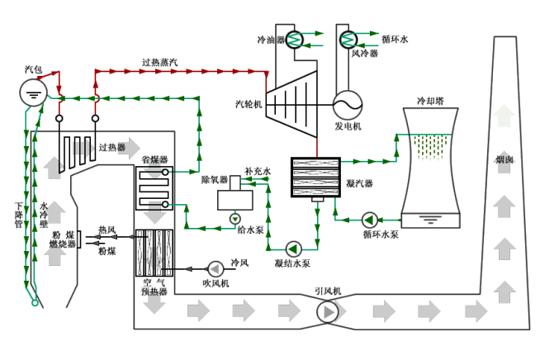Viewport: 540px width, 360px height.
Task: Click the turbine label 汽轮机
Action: (x=248, y=105)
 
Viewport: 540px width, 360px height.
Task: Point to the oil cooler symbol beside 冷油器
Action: (x=296, y=39)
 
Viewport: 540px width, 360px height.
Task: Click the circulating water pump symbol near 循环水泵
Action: (x=369, y=219)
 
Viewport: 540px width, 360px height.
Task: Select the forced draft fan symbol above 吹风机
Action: (x=216, y=268)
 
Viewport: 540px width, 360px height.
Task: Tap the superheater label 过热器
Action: (x=111, y=148)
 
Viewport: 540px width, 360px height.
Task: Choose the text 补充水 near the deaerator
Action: (x=258, y=171)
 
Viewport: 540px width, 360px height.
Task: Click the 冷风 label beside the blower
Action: (x=239, y=263)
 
